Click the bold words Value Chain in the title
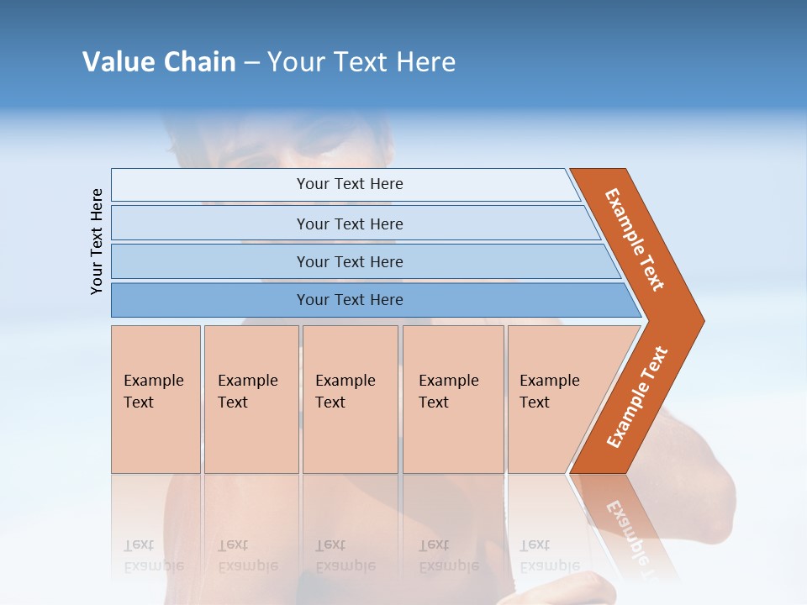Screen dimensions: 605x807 [159, 62]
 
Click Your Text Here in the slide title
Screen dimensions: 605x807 [361, 62]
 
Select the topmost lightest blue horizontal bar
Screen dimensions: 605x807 [210, 185]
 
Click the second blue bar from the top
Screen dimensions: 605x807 [210, 224]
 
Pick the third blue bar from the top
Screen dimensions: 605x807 [210, 261]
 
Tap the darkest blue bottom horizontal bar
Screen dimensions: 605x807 [210, 300]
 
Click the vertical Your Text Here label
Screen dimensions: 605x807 [97, 241]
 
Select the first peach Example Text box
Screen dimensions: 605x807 [156, 399]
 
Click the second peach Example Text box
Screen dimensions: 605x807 [251, 399]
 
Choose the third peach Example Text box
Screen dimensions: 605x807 [350, 399]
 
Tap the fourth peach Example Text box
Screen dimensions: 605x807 [453, 399]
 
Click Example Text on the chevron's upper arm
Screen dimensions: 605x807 [635, 239]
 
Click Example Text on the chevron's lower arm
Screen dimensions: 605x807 [637, 397]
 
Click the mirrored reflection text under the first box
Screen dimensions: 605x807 [153, 555]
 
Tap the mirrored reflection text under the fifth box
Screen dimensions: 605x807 [549, 555]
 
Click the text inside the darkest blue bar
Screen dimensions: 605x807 [350, 300]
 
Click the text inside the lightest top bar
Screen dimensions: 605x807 [350, 184]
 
